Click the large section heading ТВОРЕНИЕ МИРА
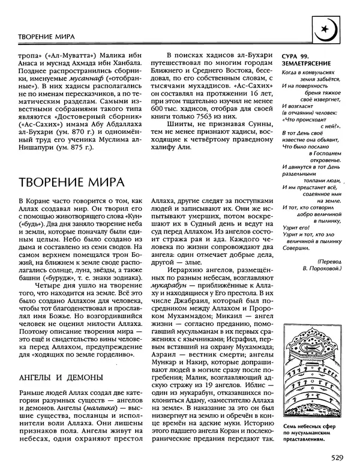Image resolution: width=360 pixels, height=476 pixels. [x=71, y=181]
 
